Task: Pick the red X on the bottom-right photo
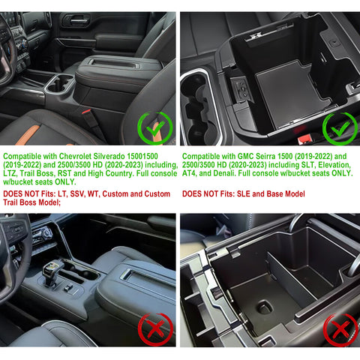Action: (340, 329)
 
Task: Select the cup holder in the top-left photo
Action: (58, 85)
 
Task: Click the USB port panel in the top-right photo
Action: (241, 88)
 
